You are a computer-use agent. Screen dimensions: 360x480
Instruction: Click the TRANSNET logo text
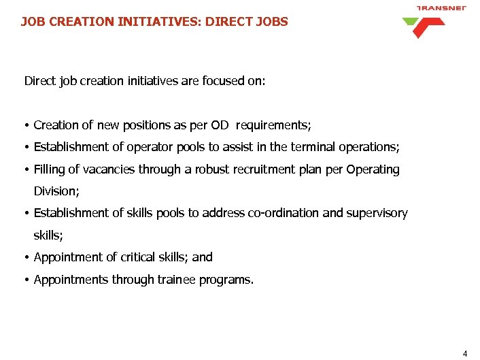tap(441, 8)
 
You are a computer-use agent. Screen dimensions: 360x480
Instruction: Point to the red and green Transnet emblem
tap(424, 27)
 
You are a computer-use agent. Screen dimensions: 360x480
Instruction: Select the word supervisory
tap(377, 213)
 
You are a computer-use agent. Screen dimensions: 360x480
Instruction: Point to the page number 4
tap(465, 353)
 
